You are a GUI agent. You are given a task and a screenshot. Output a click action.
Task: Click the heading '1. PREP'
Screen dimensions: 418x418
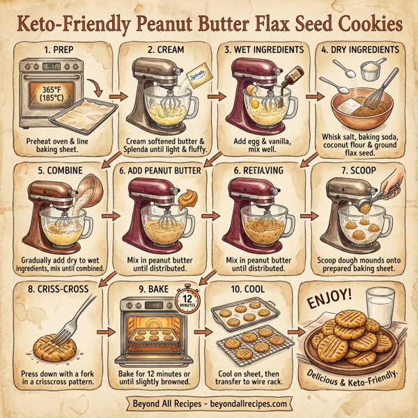(x=59, y=51)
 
